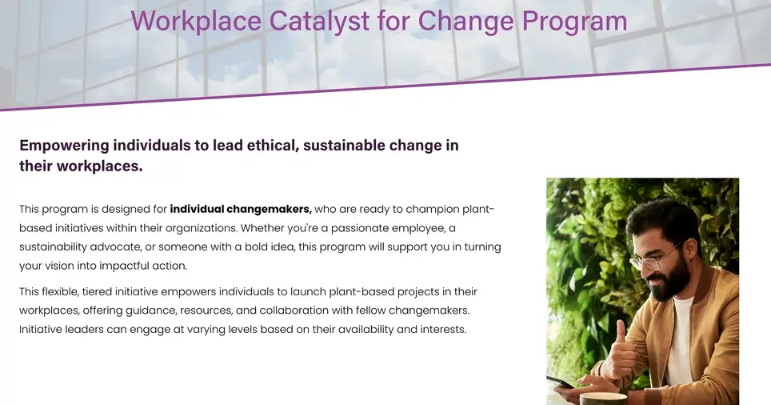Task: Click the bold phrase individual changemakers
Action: [x=241, y=209]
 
